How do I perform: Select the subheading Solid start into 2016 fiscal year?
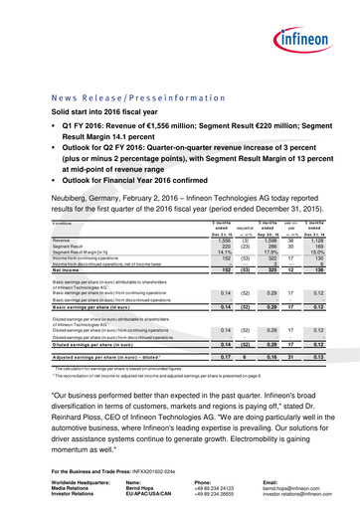click(x=109, y=117)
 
